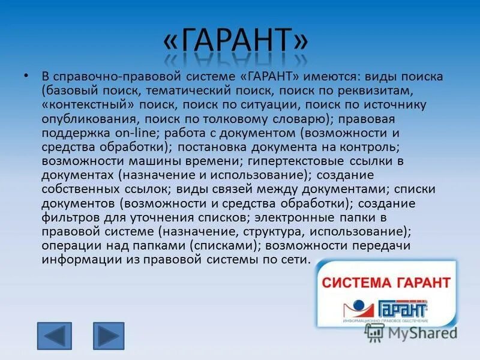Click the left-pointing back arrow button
coord(54,336)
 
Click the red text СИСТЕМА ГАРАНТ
coord(387,282)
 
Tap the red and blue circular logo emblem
coord(358,308)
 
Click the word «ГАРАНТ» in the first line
coord(269,77)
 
